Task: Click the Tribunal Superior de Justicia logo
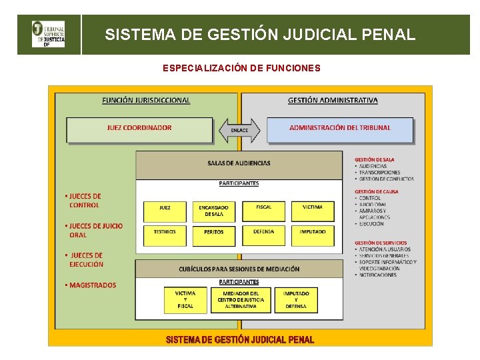tap(49, 35)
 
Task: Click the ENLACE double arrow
tap(239, 130)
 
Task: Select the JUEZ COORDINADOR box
tap(139, 129)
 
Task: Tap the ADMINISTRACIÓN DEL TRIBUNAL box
tap(340, 129)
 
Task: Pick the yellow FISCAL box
tap(263, 211)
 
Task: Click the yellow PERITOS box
tap(214, 235)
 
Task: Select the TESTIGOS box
tap(165, 235)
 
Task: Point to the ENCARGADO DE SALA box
tap(214, 211)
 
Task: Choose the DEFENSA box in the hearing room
tap(263, 234)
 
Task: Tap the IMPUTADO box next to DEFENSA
tap(313, 234)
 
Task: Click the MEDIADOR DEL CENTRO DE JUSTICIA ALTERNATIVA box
tap(241, 299)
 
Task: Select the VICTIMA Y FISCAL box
tap(185, 299)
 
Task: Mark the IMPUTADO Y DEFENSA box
tap(296, 299)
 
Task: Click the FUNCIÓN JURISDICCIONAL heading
tap(146, 101)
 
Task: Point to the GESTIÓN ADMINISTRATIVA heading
tap(333, 101)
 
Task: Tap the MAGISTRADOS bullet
tap(91, 285)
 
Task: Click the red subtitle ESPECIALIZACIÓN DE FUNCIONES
tap(241, 68)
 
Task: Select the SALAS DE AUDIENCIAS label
tap(239, 163)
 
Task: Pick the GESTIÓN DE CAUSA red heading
tap(376, 191)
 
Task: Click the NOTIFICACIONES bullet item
tap(377, 275)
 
